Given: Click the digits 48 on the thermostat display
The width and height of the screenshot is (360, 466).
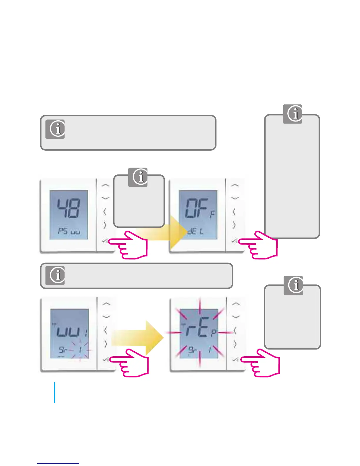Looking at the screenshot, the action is tap(68, 208).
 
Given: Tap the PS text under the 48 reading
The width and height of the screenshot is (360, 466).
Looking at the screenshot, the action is tap(63, 231).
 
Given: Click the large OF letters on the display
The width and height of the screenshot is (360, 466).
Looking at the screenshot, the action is tap(194, 209).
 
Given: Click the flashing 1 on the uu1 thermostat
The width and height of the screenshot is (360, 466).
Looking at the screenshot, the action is tap(80, 350).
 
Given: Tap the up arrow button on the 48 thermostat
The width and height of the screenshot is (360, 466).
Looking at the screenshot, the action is tap(105, 185).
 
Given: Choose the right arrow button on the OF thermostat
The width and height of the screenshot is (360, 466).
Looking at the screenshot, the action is tap(234, 225).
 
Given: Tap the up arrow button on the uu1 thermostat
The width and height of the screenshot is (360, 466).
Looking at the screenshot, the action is tap(106, 304).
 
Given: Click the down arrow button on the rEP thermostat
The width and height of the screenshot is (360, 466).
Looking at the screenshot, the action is tap(236, 317).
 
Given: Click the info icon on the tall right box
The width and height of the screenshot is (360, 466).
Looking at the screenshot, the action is tap(293, 114).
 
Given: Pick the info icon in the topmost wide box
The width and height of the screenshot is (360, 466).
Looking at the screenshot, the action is tap(55, 129).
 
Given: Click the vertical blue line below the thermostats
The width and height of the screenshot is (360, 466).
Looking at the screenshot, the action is tap(55, 392).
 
